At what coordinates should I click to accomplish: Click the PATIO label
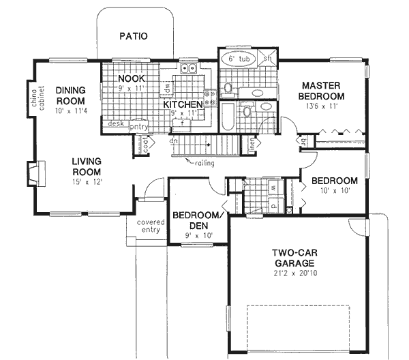134,36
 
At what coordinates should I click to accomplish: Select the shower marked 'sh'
268,59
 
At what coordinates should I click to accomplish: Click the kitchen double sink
188,69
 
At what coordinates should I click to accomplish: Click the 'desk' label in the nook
115,125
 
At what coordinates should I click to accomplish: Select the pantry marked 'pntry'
139,125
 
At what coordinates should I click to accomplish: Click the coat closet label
147,144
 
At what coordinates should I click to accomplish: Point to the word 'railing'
205,163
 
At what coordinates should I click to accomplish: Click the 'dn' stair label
174,142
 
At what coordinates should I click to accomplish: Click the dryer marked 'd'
273,203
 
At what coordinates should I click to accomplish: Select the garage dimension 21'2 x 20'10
294,273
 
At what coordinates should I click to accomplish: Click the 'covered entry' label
149,226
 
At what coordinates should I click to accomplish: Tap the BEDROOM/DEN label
197,220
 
